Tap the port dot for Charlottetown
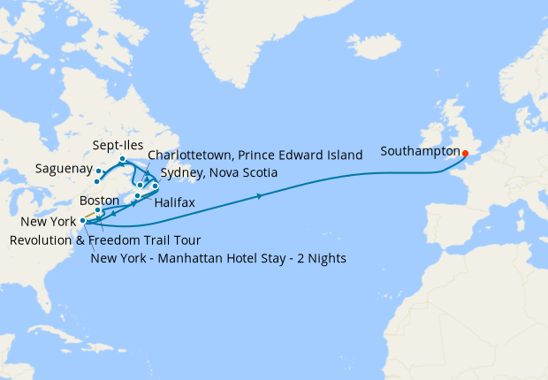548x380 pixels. point(140,186)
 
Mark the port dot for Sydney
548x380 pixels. point(155,186)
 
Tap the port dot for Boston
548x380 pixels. point(98,210)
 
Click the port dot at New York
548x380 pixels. point(82,221)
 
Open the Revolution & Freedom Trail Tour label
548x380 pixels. point(104,239)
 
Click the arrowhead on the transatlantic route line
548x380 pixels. point(259,196)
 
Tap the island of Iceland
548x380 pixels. point(376,43)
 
